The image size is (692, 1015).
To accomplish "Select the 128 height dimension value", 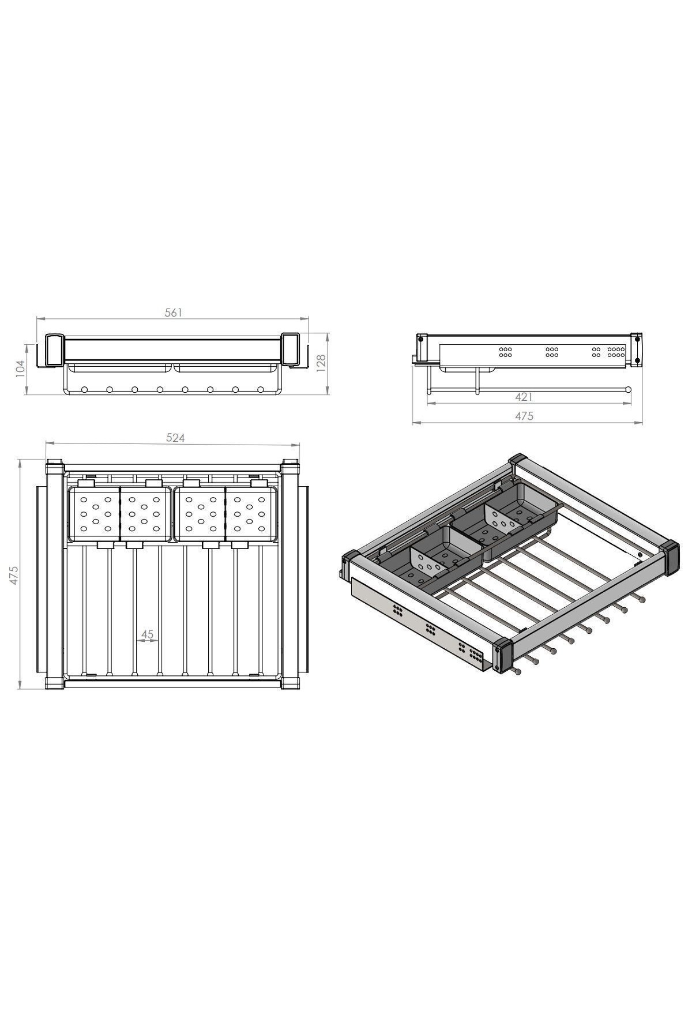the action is tap(321, 362).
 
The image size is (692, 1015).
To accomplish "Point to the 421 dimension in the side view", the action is tap(524, 397).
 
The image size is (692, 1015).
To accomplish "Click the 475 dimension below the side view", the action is tap(524, 416).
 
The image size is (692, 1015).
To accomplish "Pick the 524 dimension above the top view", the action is tap(175, 438).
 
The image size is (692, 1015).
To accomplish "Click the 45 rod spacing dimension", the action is tap(148, 634).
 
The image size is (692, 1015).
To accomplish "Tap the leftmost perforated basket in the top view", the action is tap(93, 513).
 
